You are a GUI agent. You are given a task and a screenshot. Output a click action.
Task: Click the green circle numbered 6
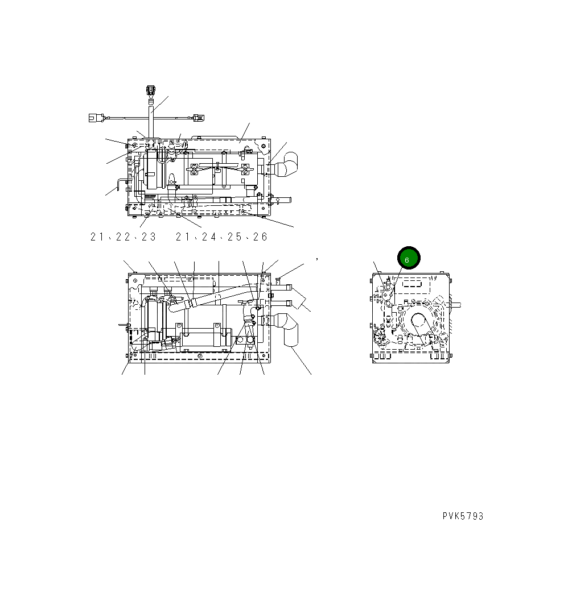(x=408, y=258)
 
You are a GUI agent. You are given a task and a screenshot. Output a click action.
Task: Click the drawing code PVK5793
(x=463, y=516)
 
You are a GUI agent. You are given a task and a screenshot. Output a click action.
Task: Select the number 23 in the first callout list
(x=149, y=237)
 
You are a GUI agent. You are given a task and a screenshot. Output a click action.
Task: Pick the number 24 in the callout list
(x=209, y=237)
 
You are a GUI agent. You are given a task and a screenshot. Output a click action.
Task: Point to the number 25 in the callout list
(x=234, y=237)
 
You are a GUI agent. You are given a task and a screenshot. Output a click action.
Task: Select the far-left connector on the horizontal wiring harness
(x=94, y=118)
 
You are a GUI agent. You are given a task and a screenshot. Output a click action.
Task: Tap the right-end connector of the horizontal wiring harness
(x=197, y=118)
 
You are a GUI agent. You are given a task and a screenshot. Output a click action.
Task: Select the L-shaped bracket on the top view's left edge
(x=121, y=183)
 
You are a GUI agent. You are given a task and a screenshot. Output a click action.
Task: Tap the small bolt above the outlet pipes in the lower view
(x=278, y=278)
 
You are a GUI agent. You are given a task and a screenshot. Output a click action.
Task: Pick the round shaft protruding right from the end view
(x=456, y=304)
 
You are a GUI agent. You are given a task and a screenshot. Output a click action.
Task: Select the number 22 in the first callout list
(x=123, y=237)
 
